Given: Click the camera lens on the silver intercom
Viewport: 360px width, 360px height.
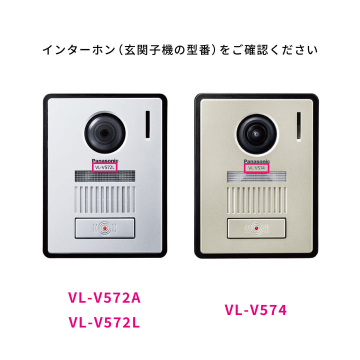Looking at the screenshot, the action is [105, 133].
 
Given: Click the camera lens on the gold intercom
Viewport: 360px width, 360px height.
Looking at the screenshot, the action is [256, 134].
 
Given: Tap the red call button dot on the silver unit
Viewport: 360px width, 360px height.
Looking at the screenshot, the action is [104, 228].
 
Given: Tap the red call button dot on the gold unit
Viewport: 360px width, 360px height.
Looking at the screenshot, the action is [256, 228].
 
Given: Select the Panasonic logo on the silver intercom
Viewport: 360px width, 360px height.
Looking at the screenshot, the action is [105, 160].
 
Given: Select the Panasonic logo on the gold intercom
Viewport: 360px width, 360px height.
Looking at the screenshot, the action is [256, 161].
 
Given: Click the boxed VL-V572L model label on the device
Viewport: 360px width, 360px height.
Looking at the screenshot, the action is [104, 167].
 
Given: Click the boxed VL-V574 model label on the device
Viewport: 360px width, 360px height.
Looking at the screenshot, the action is [256, 168].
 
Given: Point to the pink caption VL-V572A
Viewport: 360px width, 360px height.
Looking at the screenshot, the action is [104, 298].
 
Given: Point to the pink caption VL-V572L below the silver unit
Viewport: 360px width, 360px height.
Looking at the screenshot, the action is [104, 322].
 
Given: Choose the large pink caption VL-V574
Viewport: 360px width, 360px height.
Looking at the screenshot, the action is [256, 310].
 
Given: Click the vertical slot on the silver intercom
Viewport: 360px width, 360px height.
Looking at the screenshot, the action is [148, 124].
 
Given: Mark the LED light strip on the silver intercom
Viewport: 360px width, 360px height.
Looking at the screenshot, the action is [105, 176].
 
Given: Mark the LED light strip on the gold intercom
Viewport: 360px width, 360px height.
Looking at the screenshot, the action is [256, 177].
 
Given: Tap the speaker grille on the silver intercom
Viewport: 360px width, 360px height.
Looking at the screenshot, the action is [105, 199].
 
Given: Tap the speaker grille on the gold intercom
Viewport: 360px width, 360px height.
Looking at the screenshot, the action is [256, 200].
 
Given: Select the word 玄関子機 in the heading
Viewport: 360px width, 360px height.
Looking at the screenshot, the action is [149, 50].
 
